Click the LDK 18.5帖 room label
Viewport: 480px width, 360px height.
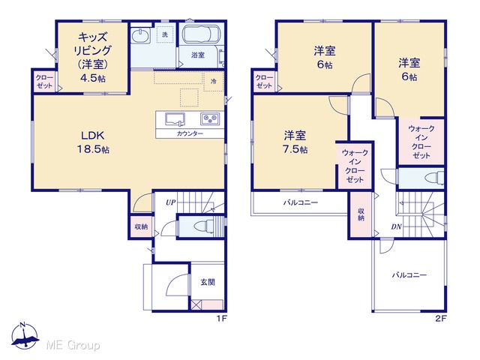click(x=93, y=142)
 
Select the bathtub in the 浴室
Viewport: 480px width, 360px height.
click(x=202, y=34)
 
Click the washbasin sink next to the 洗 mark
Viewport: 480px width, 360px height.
click(x=141, y=35)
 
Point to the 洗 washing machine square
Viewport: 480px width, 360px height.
click(x=165, y=34)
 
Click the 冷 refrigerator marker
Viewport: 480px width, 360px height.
click(x=214, y=82)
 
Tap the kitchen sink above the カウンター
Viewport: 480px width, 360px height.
click(x=175, y=119)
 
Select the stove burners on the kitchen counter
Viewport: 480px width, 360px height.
click(x=210, y=118)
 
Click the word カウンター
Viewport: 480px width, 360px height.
click(x=190, y=133)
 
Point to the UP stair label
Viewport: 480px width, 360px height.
click(x=171, y=202)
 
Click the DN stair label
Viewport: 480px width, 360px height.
click(x=396, y=226)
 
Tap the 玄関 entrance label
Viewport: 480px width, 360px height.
click(x=208, y=282)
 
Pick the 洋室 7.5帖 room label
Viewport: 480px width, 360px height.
click(x=295, y=142)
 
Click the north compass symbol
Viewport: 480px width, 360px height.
click(x=25, y=335)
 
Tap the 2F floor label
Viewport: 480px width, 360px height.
click(x=441, y=319)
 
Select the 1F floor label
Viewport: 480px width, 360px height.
click(x=222, y=319)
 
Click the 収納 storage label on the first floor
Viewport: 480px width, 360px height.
click(x=141, y=226)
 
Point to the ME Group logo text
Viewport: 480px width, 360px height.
click(x=73, y=346)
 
